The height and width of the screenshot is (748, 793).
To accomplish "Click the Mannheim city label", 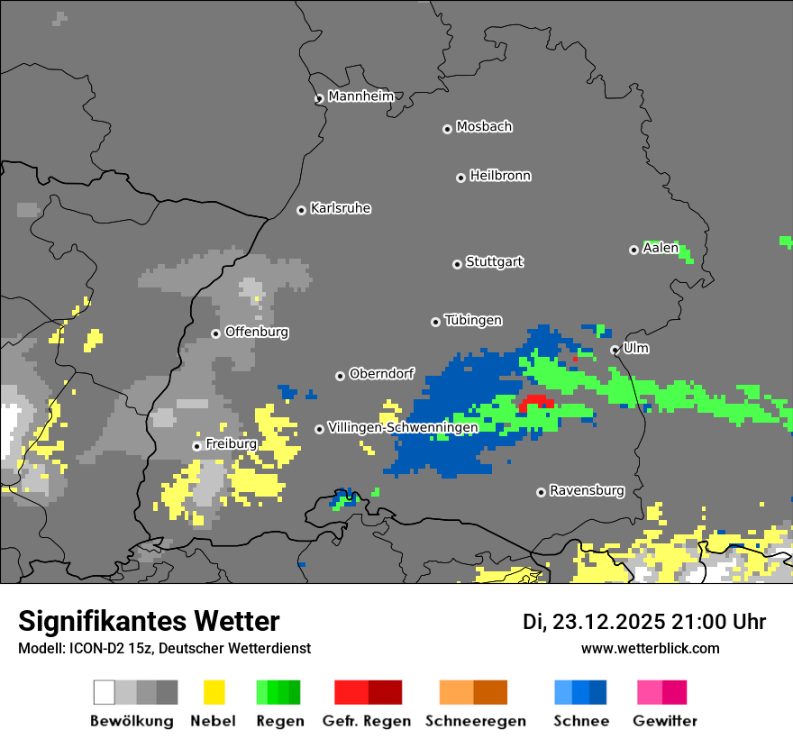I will click(x=360, y=96).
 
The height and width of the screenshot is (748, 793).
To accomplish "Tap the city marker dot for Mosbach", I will click(x=447, y=129).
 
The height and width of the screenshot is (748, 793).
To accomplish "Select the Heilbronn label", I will click(x=500, y=176).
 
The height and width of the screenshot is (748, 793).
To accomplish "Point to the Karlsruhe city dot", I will click(x=302, y=210).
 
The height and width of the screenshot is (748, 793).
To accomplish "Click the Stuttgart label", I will click(x=494, y=262).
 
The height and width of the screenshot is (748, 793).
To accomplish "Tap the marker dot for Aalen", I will click(x=634, y=250).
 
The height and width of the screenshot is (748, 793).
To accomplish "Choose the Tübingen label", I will click(x=473, y=321).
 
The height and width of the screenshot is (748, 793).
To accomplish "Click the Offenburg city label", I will click(x=256, y=332).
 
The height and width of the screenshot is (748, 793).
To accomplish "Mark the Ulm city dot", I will click(x=615, y=350).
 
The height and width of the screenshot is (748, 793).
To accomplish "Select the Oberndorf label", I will click(x=381, y=374).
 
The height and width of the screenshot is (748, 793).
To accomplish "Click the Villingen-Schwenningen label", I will click(x=403, y=427).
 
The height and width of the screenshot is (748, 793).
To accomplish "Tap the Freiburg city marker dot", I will click(x=196, y=446).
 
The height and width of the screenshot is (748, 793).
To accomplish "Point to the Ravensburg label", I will click(x=587, y=491).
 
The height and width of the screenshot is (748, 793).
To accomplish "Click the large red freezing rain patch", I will click(x=537, y=401).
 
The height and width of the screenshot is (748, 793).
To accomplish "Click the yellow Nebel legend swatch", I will click(x=214, y=692).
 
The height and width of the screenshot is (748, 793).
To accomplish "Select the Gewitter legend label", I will click(x=664, y=721).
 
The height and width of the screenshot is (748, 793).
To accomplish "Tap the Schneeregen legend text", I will click(x=475, y=721).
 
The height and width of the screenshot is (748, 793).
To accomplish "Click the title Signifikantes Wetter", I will click(x=149, y=621).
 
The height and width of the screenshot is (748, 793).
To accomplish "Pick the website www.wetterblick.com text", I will click(x=650, y=648).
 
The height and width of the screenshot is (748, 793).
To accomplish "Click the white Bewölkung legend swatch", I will click(x=105, y=692).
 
